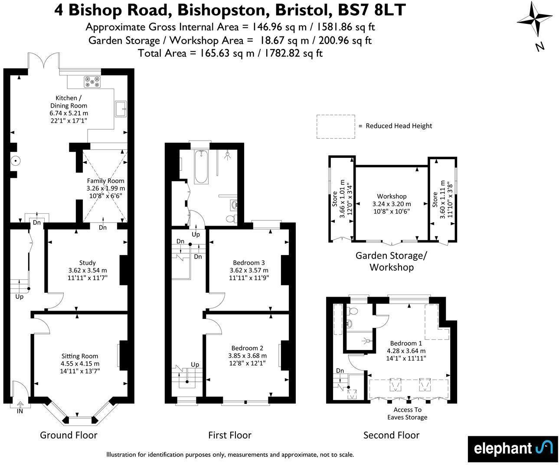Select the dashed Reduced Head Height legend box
[x=335, y=126]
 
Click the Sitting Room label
[x=80, y=356]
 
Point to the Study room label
[x=87, y=262]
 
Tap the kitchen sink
[x=121, y=108]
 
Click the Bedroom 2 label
[x=247, y=348]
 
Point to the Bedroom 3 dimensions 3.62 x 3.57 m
[x=248, y=270]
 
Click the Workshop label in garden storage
[x=392, y=196]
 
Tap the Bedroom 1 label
[x=406, y=343]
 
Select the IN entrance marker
[x=20, y=411]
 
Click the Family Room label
[x=105, y=181]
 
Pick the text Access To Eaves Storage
[x=407, y=413]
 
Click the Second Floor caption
[x=391, y=435]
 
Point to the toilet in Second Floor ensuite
[x=353, y=311]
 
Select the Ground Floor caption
[x=69, y=435]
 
